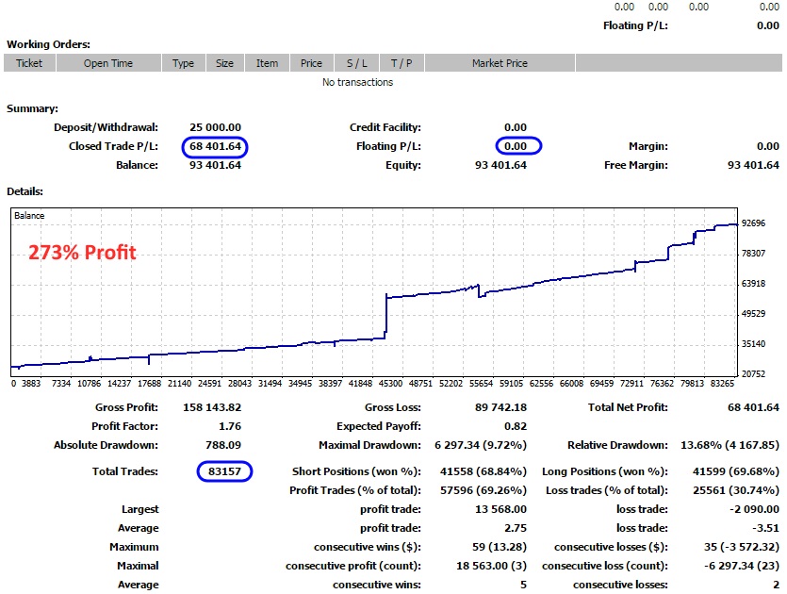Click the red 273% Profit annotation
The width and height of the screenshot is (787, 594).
[82, 253]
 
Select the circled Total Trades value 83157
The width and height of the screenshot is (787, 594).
[224, 470]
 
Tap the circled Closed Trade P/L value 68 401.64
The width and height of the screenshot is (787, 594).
[215, 146]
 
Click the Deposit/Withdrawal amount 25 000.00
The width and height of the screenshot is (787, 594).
[215, 127]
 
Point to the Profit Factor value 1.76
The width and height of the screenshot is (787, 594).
[229, 426]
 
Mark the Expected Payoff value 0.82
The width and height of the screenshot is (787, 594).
[515, 426]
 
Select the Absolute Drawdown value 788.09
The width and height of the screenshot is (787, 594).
[222, 445]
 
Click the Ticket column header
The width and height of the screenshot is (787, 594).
[29, 63]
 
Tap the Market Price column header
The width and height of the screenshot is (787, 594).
[500, 63]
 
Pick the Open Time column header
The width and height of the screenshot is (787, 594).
[108, 63]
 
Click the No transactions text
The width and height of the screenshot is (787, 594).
[357, 82]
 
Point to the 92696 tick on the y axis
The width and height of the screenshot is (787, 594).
[754, 223]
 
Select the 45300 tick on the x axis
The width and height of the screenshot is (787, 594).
[390, 384]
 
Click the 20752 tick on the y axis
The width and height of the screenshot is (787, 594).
[754, 374]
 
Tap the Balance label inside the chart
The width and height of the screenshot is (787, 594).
[29, 216]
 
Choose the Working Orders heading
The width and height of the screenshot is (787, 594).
[48, 44]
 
